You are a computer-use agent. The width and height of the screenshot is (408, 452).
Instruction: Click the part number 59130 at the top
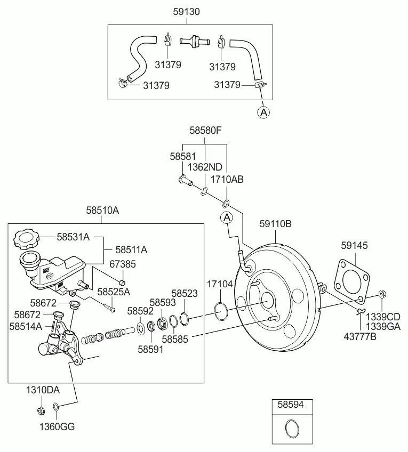(x=187, y=11)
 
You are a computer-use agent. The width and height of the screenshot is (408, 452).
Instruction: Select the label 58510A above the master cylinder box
(x=102, y=211)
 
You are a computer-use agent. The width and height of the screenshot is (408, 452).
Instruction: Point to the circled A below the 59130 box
(x=263, y=112)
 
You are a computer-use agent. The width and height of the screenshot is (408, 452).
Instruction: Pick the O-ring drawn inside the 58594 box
(x=291, y=428)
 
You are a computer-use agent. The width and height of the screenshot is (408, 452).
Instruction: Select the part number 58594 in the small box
(x=291, y=405)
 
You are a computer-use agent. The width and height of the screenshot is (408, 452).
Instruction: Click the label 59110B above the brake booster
(x=275, y=224)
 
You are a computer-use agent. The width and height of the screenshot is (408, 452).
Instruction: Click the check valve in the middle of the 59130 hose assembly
(x=194, y=41)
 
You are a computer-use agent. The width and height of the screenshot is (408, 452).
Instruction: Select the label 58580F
(x=205, y=130)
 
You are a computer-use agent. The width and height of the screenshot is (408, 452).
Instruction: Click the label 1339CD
(x=382, y=317)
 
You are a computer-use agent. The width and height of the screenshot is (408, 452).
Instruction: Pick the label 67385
(x=122, y=264)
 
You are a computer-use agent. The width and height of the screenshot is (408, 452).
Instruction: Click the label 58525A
(x=114, y=292)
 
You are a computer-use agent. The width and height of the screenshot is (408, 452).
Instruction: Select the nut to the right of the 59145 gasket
(x=382, y=294)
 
